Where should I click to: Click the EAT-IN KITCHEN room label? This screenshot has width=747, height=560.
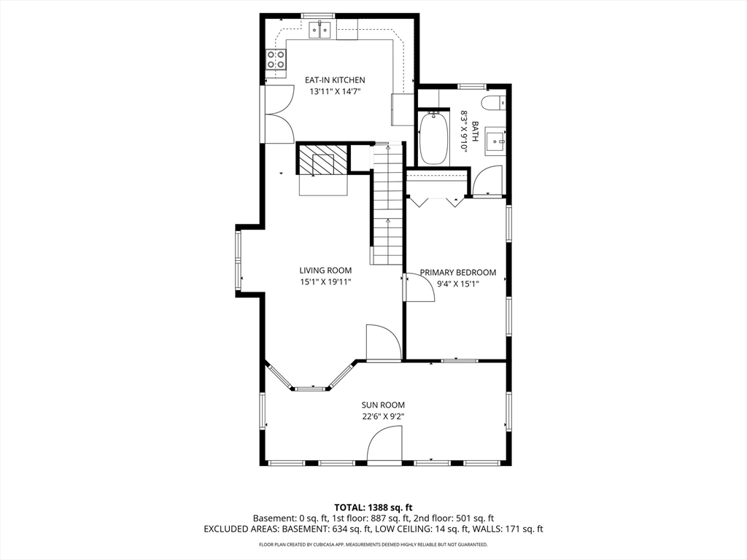tap(335, 80)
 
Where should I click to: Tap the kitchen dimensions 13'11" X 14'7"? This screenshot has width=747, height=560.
tap(335, 91)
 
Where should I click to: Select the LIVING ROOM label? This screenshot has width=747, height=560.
tap(325, 271)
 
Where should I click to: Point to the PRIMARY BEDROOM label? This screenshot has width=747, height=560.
tap(458, 273)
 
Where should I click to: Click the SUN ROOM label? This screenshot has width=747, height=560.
tap(383, 405)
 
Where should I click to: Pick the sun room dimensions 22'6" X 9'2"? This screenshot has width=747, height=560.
tap(383, 416)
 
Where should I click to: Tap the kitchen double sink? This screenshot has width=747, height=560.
tap(320, 31)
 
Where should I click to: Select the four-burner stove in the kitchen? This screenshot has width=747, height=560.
tap(276, 60)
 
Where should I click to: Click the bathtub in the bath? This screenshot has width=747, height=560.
tap(433, 138)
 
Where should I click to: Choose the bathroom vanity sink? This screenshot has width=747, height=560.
tap(495, 141)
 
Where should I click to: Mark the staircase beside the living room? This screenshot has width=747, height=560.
tap(387, 204)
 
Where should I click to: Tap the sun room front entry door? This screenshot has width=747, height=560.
tap(384, 444)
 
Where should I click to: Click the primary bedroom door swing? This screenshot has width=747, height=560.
tap(419, 287)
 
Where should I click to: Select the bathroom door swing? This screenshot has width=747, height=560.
tap(487, 181)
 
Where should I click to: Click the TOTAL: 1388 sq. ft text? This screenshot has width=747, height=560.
tap(373, 507)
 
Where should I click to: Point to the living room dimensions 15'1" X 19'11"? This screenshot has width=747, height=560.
tap(325, 282)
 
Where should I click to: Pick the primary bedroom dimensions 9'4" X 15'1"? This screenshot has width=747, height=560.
tap(458, 284)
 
